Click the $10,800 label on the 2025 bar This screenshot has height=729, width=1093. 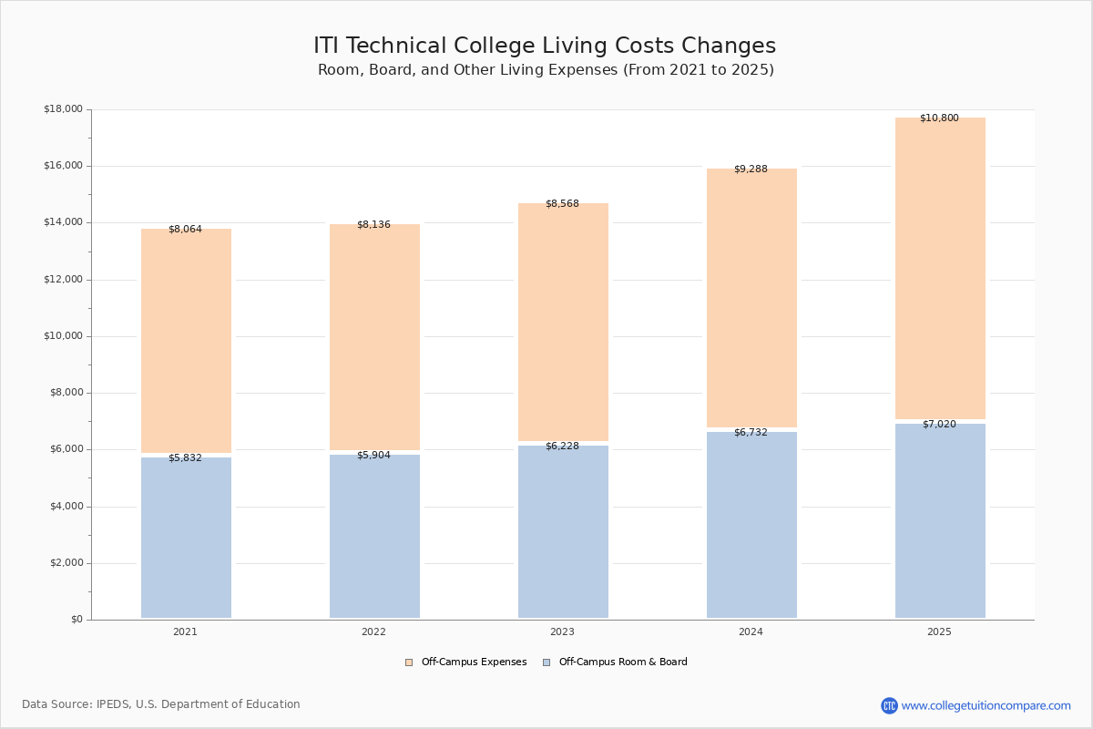[939, 118]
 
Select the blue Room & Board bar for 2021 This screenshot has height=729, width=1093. [186, 538]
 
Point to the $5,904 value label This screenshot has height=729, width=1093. [373, 456]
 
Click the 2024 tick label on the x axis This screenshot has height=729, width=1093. [751, 632]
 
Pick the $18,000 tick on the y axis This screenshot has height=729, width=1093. [63, 109]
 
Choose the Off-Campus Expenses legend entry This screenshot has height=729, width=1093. [466, 662]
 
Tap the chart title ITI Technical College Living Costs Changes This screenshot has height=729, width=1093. [545, 46]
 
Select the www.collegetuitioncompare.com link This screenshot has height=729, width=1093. [986, 705]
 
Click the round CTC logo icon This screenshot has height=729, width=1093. [889, 705]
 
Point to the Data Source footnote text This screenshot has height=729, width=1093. [161, 704]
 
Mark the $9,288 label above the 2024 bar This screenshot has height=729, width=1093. [751, 169]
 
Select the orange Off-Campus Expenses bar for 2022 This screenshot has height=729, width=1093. [374, 337]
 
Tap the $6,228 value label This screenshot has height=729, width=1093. [562, 447]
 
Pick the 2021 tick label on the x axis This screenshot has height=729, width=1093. [185, 632]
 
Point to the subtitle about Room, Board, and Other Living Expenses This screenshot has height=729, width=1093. [546, 70]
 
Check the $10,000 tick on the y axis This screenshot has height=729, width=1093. [63, 336]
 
